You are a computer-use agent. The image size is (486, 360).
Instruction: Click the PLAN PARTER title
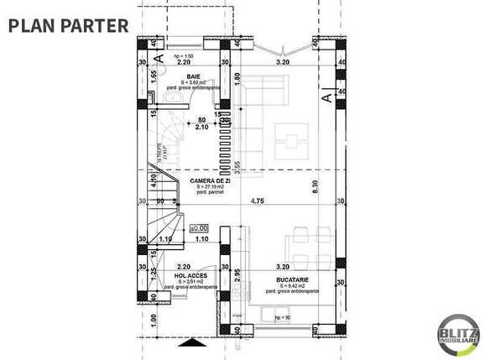pyautogui.click(x=69, y=24)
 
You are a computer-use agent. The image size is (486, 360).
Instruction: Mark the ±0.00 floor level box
pyautogui.click(x=198, y=227)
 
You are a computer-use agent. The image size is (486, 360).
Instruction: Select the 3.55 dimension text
pyautogui.click(x=238, y=167)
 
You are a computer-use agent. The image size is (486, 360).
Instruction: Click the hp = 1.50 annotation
pyautogui.click(x=183, y=55)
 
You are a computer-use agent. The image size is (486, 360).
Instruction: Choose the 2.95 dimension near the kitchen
pyautogui.click(x=238, y=275)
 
